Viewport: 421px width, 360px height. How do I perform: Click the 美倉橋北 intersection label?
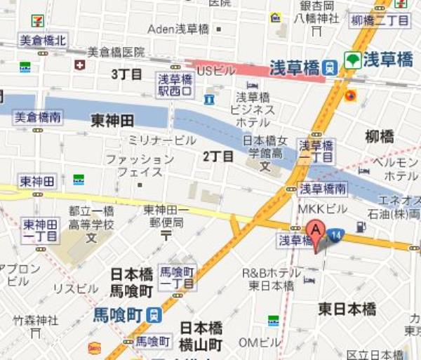point(42,41)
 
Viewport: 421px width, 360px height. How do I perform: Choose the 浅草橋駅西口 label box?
point(175,84)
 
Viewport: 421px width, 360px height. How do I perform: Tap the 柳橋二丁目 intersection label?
point(379,20)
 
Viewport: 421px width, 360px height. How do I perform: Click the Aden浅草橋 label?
point(178,29)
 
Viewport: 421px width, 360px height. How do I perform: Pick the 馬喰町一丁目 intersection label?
point(177,276)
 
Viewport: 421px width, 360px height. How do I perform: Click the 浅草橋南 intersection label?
point(323,188)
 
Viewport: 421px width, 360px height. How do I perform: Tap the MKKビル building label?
point(322,208)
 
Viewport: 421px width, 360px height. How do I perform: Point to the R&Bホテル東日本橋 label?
point(272,279)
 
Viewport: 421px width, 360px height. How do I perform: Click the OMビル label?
point(259,342)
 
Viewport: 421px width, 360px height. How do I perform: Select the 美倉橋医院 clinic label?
point(116,52)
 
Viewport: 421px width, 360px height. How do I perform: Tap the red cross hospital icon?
point(80,65)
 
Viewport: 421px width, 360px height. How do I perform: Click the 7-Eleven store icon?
point(37,20)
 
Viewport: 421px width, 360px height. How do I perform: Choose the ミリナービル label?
point(161,140)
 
